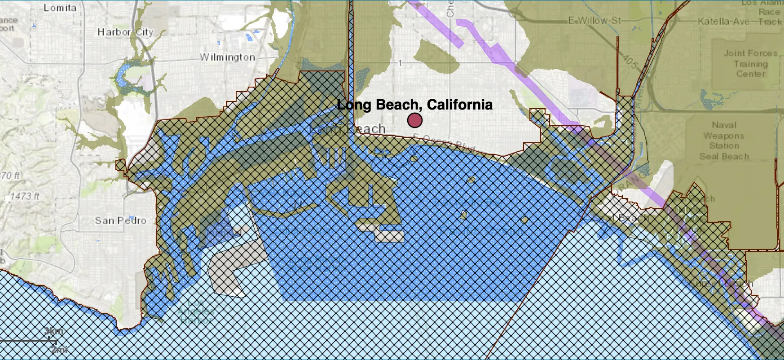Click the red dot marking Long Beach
pos(414,120)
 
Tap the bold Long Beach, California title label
pos(414,105)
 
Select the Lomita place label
pos(60,8)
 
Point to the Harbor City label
pos(125,32)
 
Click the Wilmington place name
pos(228,57)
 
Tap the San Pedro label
pos(120,220)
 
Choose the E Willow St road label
pos(595,21)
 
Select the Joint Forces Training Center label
pos(750,63)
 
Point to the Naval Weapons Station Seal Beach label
pos(724,140)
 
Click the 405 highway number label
pos(630,61)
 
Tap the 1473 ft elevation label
pos(25,196)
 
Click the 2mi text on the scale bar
pos(59,349)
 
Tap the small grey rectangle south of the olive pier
pos(389,236)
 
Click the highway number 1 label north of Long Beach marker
pos(400,64)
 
